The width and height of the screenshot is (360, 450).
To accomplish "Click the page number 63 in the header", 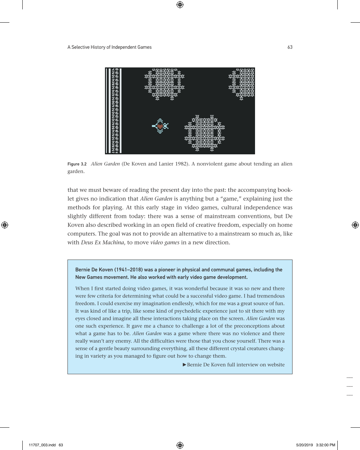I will coord(290,47).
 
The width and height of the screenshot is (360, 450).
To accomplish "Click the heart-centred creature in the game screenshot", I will coord(160,126).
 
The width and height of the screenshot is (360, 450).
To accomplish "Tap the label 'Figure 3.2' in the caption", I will coord(77,164).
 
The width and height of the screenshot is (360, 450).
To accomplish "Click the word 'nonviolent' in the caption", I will coord(211,164).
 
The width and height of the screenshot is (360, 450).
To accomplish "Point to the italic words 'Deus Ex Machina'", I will coord(102,242).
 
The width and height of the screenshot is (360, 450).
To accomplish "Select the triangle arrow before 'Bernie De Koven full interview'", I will coord(184,365).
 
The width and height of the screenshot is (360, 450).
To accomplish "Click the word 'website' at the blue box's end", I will coord(276,365).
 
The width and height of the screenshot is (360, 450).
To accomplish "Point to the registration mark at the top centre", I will coord(180,5).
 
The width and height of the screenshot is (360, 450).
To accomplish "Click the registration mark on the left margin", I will coord(5,225).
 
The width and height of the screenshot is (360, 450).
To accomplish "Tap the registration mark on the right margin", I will coord(355,225).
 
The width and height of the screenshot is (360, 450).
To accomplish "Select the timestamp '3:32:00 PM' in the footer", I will coord(325,445).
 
